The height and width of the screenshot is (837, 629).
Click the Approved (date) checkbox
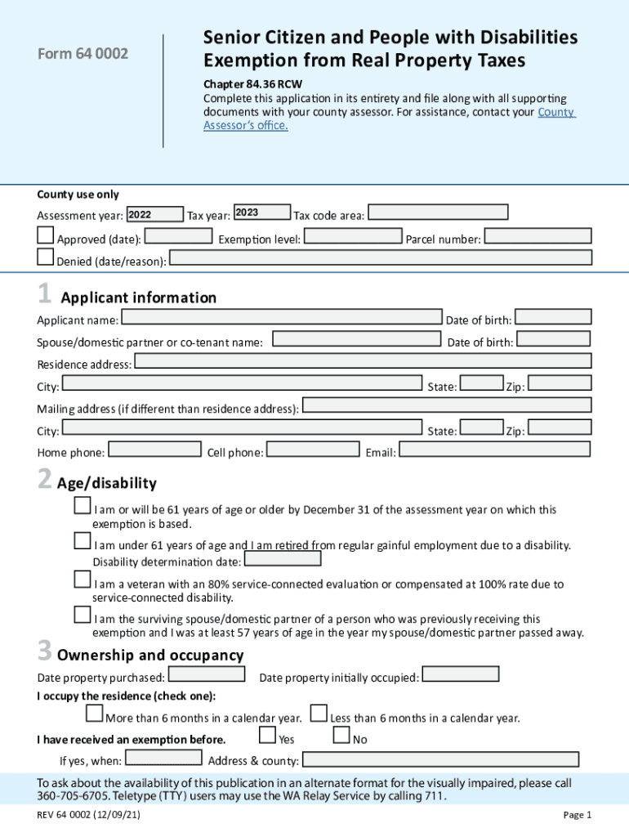tap(46, 236)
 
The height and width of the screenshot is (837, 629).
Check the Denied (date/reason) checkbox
tap(46, 257)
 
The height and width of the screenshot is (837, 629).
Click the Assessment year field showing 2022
tap(154, 214)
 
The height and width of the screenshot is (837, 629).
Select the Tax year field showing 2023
tap(261, 213)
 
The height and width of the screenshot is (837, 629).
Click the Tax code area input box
tap(438, 213)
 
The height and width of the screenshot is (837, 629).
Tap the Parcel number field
tap(538, 236)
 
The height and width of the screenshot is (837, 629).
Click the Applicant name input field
tap(281, 317)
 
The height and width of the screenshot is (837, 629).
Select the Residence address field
tap(362, 361)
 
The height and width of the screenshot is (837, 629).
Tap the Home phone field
tap(154, 449)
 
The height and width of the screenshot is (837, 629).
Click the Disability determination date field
tap(283, 559)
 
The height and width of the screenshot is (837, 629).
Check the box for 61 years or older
tap(83, 506)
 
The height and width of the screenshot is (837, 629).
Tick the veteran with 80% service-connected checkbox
tap(83, 580)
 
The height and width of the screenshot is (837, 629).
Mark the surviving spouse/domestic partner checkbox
tap(83, 615)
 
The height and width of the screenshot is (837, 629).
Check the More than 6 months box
tap(95, 714)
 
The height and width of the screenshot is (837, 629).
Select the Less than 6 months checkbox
tap(319, 714)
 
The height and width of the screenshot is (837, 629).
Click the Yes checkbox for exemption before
tap(267, 735)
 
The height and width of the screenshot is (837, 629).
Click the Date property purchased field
tap(206, 674)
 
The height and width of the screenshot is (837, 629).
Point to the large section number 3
tap(45, 651)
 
